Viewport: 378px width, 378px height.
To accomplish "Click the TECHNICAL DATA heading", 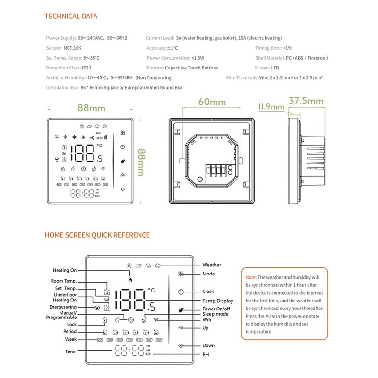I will coord(71,17).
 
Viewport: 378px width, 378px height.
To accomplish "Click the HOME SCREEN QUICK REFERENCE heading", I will coord(97,235).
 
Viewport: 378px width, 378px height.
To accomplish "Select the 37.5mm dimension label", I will coord(306,101).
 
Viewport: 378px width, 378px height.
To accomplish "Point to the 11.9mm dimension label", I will coord(271,107).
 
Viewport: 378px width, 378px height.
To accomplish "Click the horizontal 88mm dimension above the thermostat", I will coord(91,108).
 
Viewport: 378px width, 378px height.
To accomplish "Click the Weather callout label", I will coord(211,265).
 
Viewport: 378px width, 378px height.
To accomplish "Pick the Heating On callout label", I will coord(64,270).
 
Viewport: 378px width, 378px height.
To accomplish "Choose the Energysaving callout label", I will coord(63,307).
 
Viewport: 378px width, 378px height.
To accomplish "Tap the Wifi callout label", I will coord(207,320).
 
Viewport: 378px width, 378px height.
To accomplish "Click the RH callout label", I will coord(206,354).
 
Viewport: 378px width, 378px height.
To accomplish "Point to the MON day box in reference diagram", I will coord(100,340).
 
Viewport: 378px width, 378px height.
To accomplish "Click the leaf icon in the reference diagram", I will coord(180,309).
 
